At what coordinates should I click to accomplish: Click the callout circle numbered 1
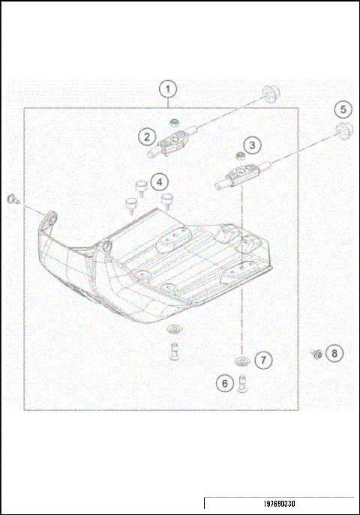[x=169, y=89]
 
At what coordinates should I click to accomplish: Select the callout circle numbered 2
[x=147, y=136]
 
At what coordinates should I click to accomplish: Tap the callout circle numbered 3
[x=253, y=145]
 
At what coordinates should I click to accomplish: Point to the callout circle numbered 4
[x=159, y=181]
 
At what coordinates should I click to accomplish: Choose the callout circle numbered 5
[x=343, y=109]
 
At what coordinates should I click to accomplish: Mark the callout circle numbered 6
[x=223, y=383]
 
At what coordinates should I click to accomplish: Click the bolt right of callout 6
[x=241, y=385]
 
